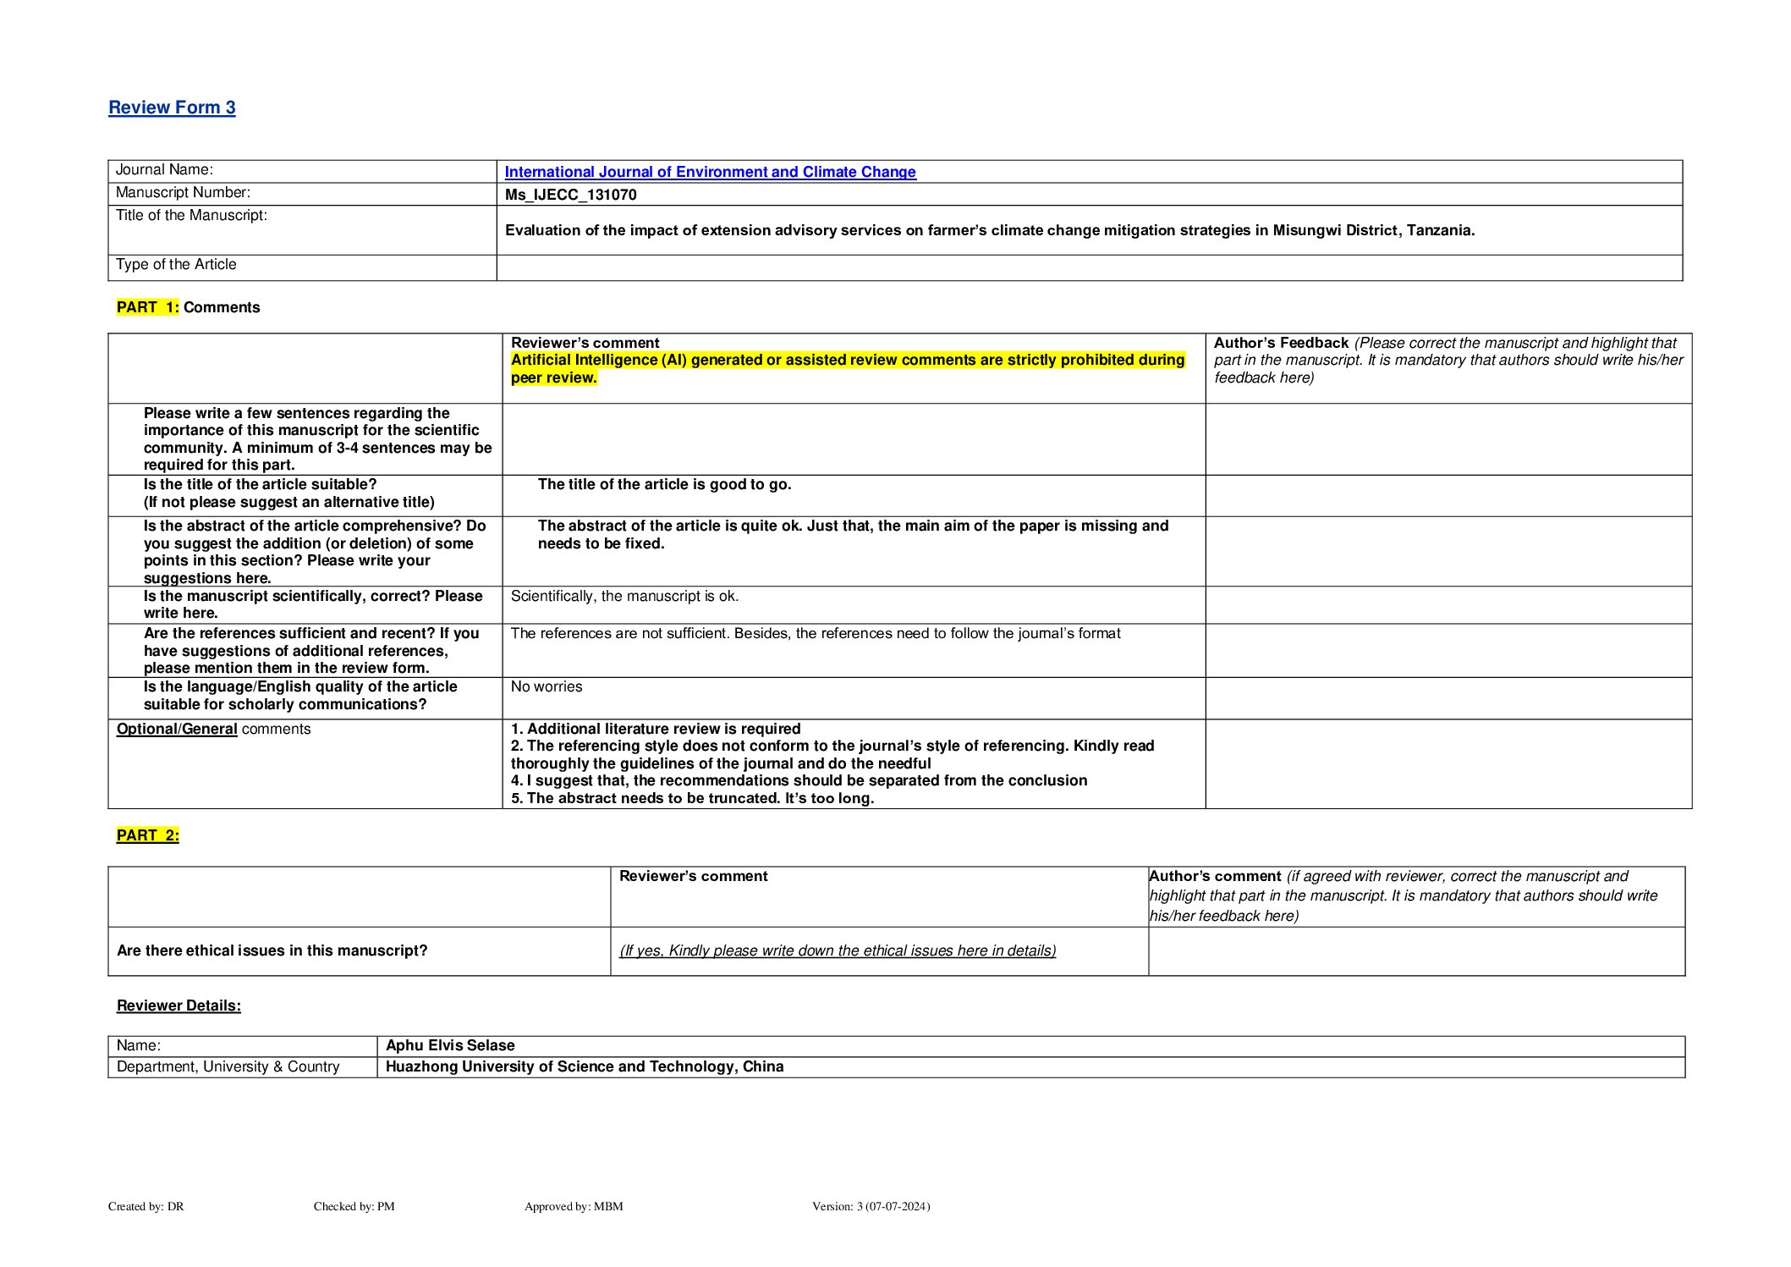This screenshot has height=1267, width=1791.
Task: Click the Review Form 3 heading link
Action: pyautogui.click(x=172, y=107)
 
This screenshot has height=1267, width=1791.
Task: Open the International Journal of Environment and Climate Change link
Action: pyautogui.click(x=710, y=172)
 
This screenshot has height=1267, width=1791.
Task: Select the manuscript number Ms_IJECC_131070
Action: pyautogui.click(x=570, y=195)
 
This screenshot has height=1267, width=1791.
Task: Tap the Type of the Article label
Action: pyautogui.click(x=176, y=265)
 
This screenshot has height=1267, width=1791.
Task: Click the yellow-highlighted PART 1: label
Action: pyautogui.click(x=148, y=307)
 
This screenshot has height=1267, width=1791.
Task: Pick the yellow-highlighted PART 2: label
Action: pyautogui.click(x=148, y=835)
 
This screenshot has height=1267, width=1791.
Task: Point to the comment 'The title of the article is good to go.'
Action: pyautogui.click(x=664, y=485)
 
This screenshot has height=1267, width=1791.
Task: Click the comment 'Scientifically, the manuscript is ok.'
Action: pyautogui.click(x=624, y=597)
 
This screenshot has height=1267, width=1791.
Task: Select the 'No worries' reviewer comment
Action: pyautogui.click(x=547, y=687)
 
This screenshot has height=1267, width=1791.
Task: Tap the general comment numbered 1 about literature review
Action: pyautogui.click(x=656, y=729)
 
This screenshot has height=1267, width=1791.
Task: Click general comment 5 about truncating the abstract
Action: pyautogui.click(x=692, y=798)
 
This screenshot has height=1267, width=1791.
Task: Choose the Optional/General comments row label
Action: pyautogui.click(x=213, y=730)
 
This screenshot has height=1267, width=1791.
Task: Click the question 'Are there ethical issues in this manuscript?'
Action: pyautogui.click(x=272, y=950)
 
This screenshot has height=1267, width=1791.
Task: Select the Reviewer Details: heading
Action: pyautogui.click(x=179, y=1005)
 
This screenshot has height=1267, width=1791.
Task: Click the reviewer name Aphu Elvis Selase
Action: pyautogui.click(x=450, y=1045)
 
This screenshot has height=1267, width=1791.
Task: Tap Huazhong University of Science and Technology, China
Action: pyautogui.click(x=585, y=1066)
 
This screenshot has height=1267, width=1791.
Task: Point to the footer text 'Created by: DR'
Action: pyautogui.click(x=146, y=1206)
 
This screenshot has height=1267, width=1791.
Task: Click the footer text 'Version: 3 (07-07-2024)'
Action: pyautogui.click(x=871, y=1206)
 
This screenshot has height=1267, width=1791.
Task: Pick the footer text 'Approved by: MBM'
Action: pyautogui.click(x=574, y=1206)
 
